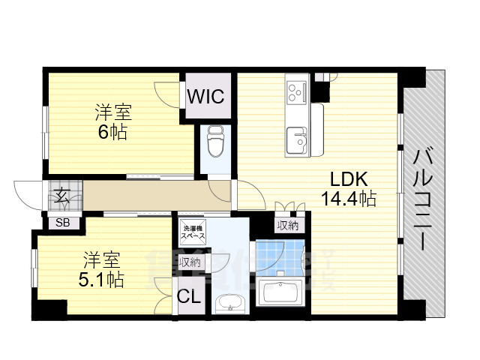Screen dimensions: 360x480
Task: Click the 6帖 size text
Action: [113, 133]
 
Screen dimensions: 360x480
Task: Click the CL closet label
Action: [188, 296]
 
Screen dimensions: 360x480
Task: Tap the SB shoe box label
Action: [61, 222]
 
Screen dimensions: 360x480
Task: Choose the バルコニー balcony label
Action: [424, 199]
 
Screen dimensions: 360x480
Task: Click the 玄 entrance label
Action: [60, 196]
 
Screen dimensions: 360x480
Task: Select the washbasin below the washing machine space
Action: [227, 303]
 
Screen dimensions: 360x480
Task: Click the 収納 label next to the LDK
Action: [287, 226]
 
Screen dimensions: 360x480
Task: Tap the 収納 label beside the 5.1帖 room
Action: [190, 262]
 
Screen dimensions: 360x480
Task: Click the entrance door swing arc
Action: [28, 196]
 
